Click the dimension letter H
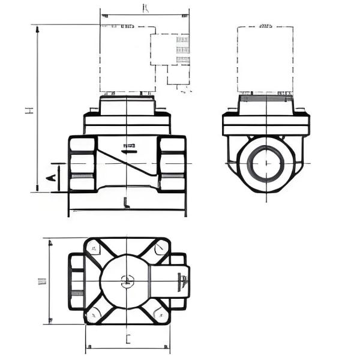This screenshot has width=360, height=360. [x=28, y=110]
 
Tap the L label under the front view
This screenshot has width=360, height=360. [x=126, y=202]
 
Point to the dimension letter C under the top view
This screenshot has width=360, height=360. [x=128, y=339]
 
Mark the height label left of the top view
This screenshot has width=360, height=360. [x=41, y=281]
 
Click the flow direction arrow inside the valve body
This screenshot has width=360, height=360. [x=128, y=146]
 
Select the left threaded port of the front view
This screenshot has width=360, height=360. [x=82, y=163]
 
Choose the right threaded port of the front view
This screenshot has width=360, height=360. [x=172, y=163]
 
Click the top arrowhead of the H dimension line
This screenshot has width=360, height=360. [x=38, y=28]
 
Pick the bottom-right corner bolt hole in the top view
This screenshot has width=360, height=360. [x=160, y=313]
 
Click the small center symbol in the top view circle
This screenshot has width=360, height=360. [x=127, y=279]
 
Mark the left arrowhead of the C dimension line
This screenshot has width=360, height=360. [x=88, y=347]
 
